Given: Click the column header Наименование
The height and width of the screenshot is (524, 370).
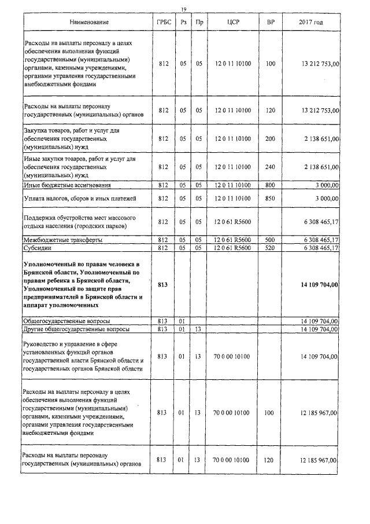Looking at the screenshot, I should [88, 22].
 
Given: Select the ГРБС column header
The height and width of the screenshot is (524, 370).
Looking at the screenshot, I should [163, 22].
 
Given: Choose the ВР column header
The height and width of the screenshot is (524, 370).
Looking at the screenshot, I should [270, 22].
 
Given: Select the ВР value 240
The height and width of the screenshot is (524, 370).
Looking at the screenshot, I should [270, 167].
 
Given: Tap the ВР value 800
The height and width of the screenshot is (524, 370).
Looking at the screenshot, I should [270, 185].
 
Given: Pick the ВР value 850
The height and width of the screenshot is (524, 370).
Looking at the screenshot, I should [270, 199].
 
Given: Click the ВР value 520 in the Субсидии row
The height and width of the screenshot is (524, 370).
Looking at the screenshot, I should [270, 248].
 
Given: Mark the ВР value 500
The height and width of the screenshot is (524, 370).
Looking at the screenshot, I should [270, 240].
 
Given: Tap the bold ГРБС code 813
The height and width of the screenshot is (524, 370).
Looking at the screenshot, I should [163, 285].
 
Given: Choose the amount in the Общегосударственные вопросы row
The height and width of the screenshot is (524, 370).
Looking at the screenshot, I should [319, 320].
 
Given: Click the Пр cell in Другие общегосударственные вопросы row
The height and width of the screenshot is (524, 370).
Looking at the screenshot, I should [198, 329].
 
